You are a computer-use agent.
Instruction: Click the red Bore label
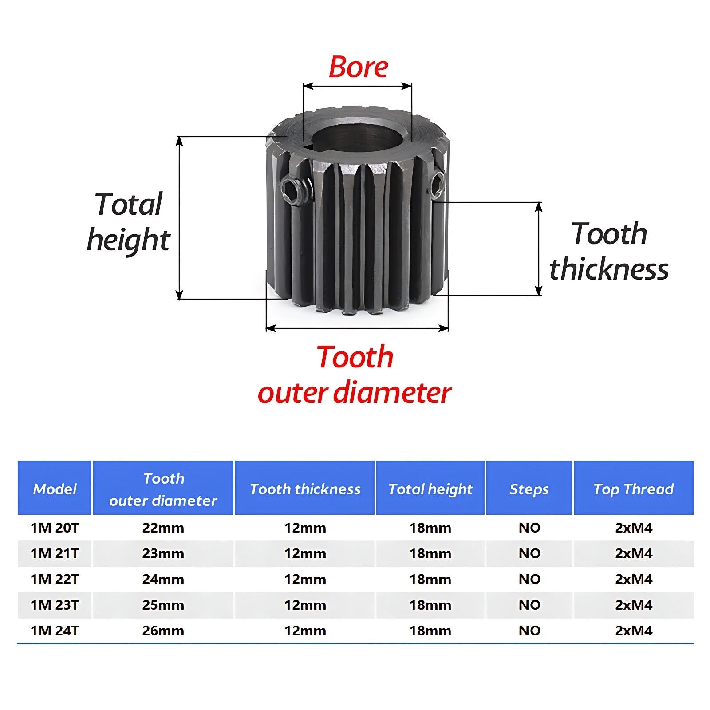tap(358, 67)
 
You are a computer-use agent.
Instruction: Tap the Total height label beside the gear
tap(128, 222)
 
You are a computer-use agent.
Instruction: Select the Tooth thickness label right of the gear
tap(609, 251)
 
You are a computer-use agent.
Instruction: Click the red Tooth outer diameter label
tap(355, 375)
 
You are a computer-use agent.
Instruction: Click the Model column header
tap(55, 489)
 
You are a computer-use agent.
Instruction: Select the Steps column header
tap(529, 489)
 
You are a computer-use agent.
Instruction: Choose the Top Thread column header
tap(633, 489)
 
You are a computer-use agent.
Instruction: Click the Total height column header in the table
tap(430, 489)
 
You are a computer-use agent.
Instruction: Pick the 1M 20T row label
tap(55, 528)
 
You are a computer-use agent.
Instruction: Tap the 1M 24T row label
tap(55, 631)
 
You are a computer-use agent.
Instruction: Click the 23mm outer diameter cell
tap(163, 553)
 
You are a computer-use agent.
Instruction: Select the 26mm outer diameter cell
tap(163, 631)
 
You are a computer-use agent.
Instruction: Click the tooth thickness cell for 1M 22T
tap(305, 579)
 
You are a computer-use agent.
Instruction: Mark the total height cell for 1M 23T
tap(430, 605)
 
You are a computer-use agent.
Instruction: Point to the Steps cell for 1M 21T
tap(529, 553)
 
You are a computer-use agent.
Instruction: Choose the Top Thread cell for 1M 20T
tap(634, 528)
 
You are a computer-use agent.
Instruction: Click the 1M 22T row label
tap(55, 579)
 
